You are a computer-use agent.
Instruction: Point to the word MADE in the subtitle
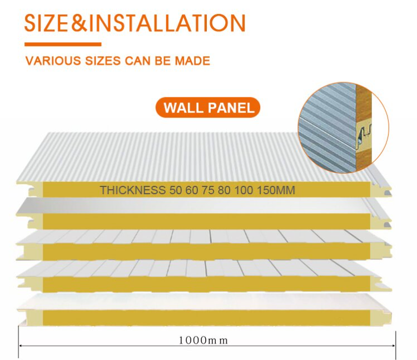[x=191, y=61]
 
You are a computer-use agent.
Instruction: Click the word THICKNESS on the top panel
[x=132, y=190]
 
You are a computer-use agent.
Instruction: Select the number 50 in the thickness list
[x=174, y=190]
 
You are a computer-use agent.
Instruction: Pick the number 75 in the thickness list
[x=205, y=190]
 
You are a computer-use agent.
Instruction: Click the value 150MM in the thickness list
[x=275, y=190]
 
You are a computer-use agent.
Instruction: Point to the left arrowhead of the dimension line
[x=21, y=346]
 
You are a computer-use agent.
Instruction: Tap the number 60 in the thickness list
[x=190, y=190]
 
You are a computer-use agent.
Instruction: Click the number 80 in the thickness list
[x=221, y=190]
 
